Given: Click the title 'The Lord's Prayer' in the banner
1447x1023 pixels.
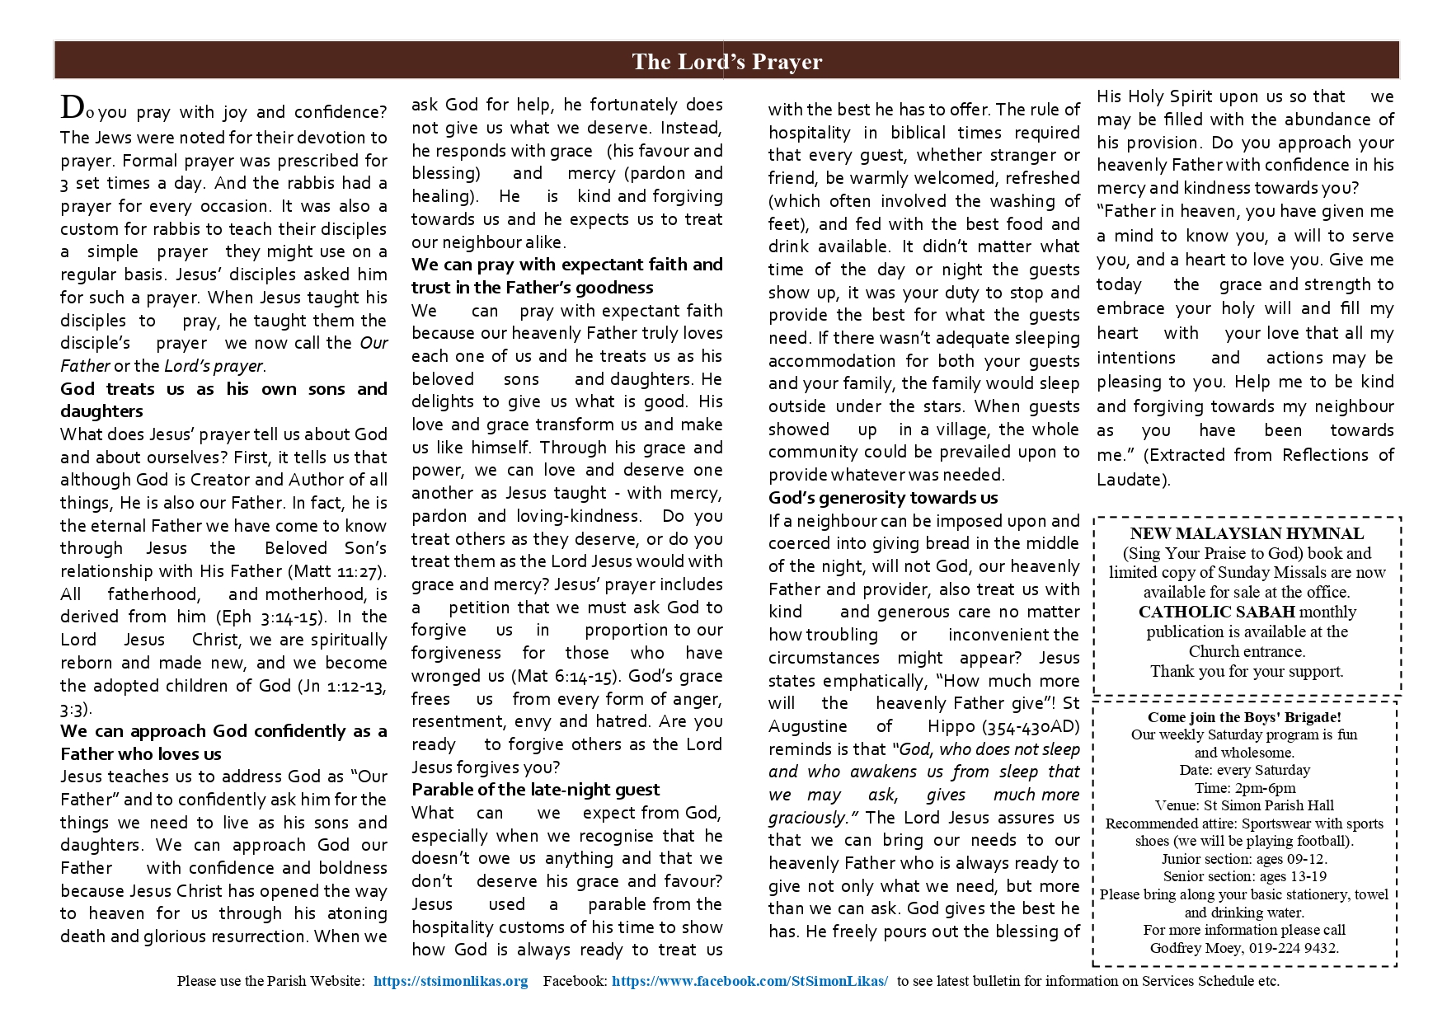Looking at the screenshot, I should (x=726, y=62).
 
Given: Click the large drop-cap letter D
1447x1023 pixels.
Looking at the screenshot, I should (x=72, y=107).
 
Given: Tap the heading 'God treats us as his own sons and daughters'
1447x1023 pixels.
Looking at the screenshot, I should (x=223, y=400).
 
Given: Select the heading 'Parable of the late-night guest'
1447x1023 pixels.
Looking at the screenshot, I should (x=536, y=790).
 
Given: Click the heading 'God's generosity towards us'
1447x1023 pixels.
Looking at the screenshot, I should (x=883, y=498).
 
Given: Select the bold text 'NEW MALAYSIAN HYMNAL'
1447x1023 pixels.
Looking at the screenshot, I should (x=1247, y=533).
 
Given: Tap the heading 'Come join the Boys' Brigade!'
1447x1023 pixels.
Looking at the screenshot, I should (x=1244, y=717).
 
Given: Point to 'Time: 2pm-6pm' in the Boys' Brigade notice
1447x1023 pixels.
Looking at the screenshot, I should (x=1244, y=788).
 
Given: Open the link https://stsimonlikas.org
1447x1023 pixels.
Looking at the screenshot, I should (x=450, y=981).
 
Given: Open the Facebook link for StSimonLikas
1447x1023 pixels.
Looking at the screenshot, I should (x=749, y=981).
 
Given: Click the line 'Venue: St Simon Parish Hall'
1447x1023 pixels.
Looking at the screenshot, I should (x=1244, y=805).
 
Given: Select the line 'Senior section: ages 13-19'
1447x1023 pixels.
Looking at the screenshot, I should (x=1244, y=876).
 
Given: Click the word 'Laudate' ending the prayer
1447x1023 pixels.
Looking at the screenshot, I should (x=1130, y=480).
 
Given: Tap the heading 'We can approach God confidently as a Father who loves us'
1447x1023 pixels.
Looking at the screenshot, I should (x=223, y=742).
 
